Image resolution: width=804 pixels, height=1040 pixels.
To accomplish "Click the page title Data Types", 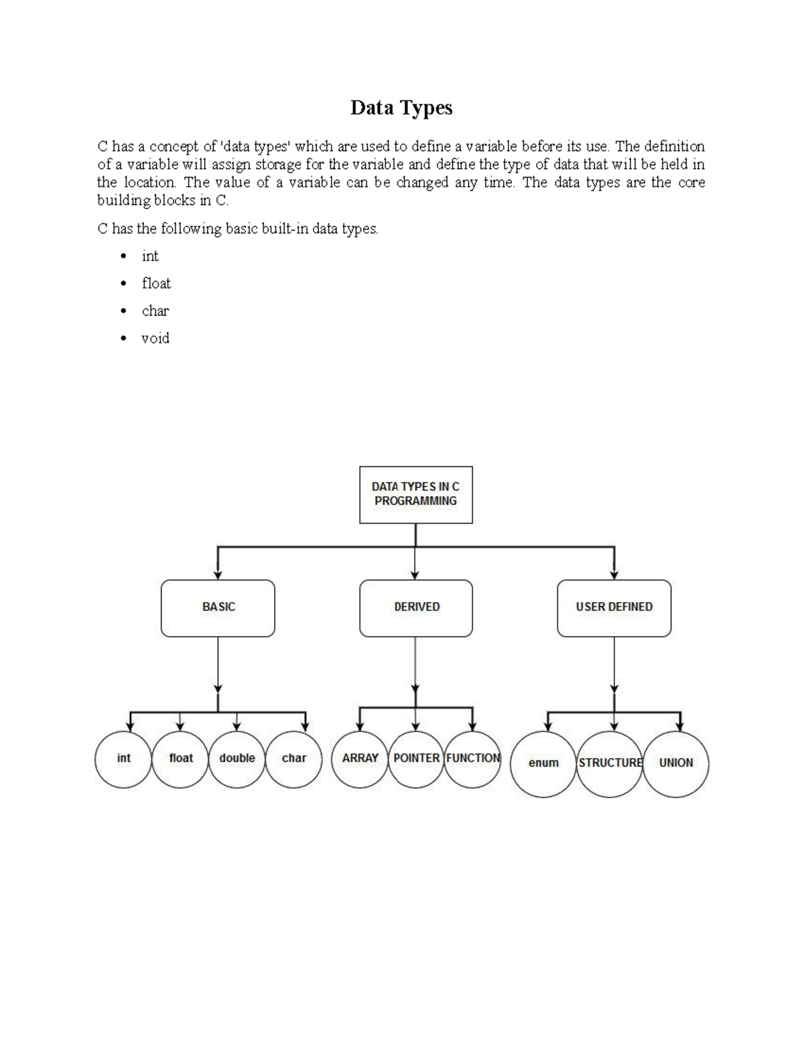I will click(x=401, y=108).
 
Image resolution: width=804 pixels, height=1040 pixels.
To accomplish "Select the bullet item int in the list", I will click(x=150, y=256).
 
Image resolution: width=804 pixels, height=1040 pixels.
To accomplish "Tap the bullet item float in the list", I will click(x=156, y=283).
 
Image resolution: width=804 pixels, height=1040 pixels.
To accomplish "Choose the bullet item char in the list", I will click(x=155, y=311).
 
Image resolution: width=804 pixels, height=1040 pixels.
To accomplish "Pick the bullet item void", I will click(x=155, y=338).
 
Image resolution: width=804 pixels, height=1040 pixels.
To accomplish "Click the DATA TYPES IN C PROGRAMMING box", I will click(x=415, y=494).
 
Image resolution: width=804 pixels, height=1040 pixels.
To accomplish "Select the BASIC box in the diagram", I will click(x=218, y=607).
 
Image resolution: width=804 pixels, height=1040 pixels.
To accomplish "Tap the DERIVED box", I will click(x=415, y=607).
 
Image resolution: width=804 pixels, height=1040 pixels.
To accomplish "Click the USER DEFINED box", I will click(x=614, y=607).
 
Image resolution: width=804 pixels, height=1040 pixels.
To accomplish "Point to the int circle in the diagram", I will click(x=123, y=759).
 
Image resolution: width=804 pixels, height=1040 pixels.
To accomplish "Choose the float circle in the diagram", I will click(x=180, y=759).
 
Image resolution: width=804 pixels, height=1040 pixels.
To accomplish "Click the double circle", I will click(x=237, y=759).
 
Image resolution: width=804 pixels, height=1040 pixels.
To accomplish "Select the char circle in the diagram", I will click(x=293, y=759).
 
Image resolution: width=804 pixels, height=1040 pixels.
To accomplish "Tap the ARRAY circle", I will click(x=360, y=759).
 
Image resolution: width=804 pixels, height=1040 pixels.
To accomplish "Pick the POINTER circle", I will click(x=416, y=759).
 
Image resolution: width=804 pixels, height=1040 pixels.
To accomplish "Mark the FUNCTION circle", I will click(x=472, y=759).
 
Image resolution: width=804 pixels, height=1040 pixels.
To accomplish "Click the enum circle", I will click(x=543, y=763).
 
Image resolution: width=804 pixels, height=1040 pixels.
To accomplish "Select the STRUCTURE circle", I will click(x=610, y=763).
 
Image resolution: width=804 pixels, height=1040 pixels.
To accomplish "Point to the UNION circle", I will click(x=675, y=763).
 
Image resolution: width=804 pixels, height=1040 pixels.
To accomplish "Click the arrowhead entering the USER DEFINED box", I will click(x=614, y=575).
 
